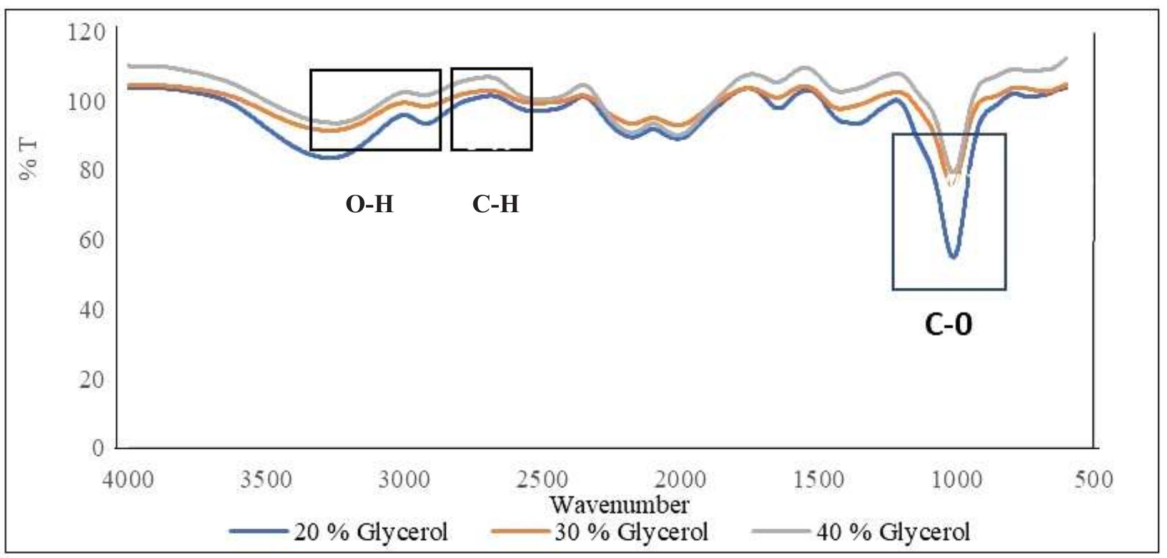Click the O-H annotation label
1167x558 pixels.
pyautogui.click(x=370, y=204)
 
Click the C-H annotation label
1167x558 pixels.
pyautogui.click(x=496, y=204)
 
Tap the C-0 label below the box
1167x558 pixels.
pyautogui.click(x=948, y=325)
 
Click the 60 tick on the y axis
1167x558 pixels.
pyautogui.click(x=92, y=240)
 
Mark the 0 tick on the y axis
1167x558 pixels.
pyautogui.click(x=99, y=448)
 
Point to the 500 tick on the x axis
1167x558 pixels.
pyautogui.click(x=1093, y=480)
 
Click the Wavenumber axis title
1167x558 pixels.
pyautogui.click(x=619, y=504)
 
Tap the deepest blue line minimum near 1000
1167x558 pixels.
pyautogui.click(x=953, y=257)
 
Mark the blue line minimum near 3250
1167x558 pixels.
pyautogui.click(x=330, y=158)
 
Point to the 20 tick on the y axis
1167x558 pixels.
pyautogui.click(x=92, y=379)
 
